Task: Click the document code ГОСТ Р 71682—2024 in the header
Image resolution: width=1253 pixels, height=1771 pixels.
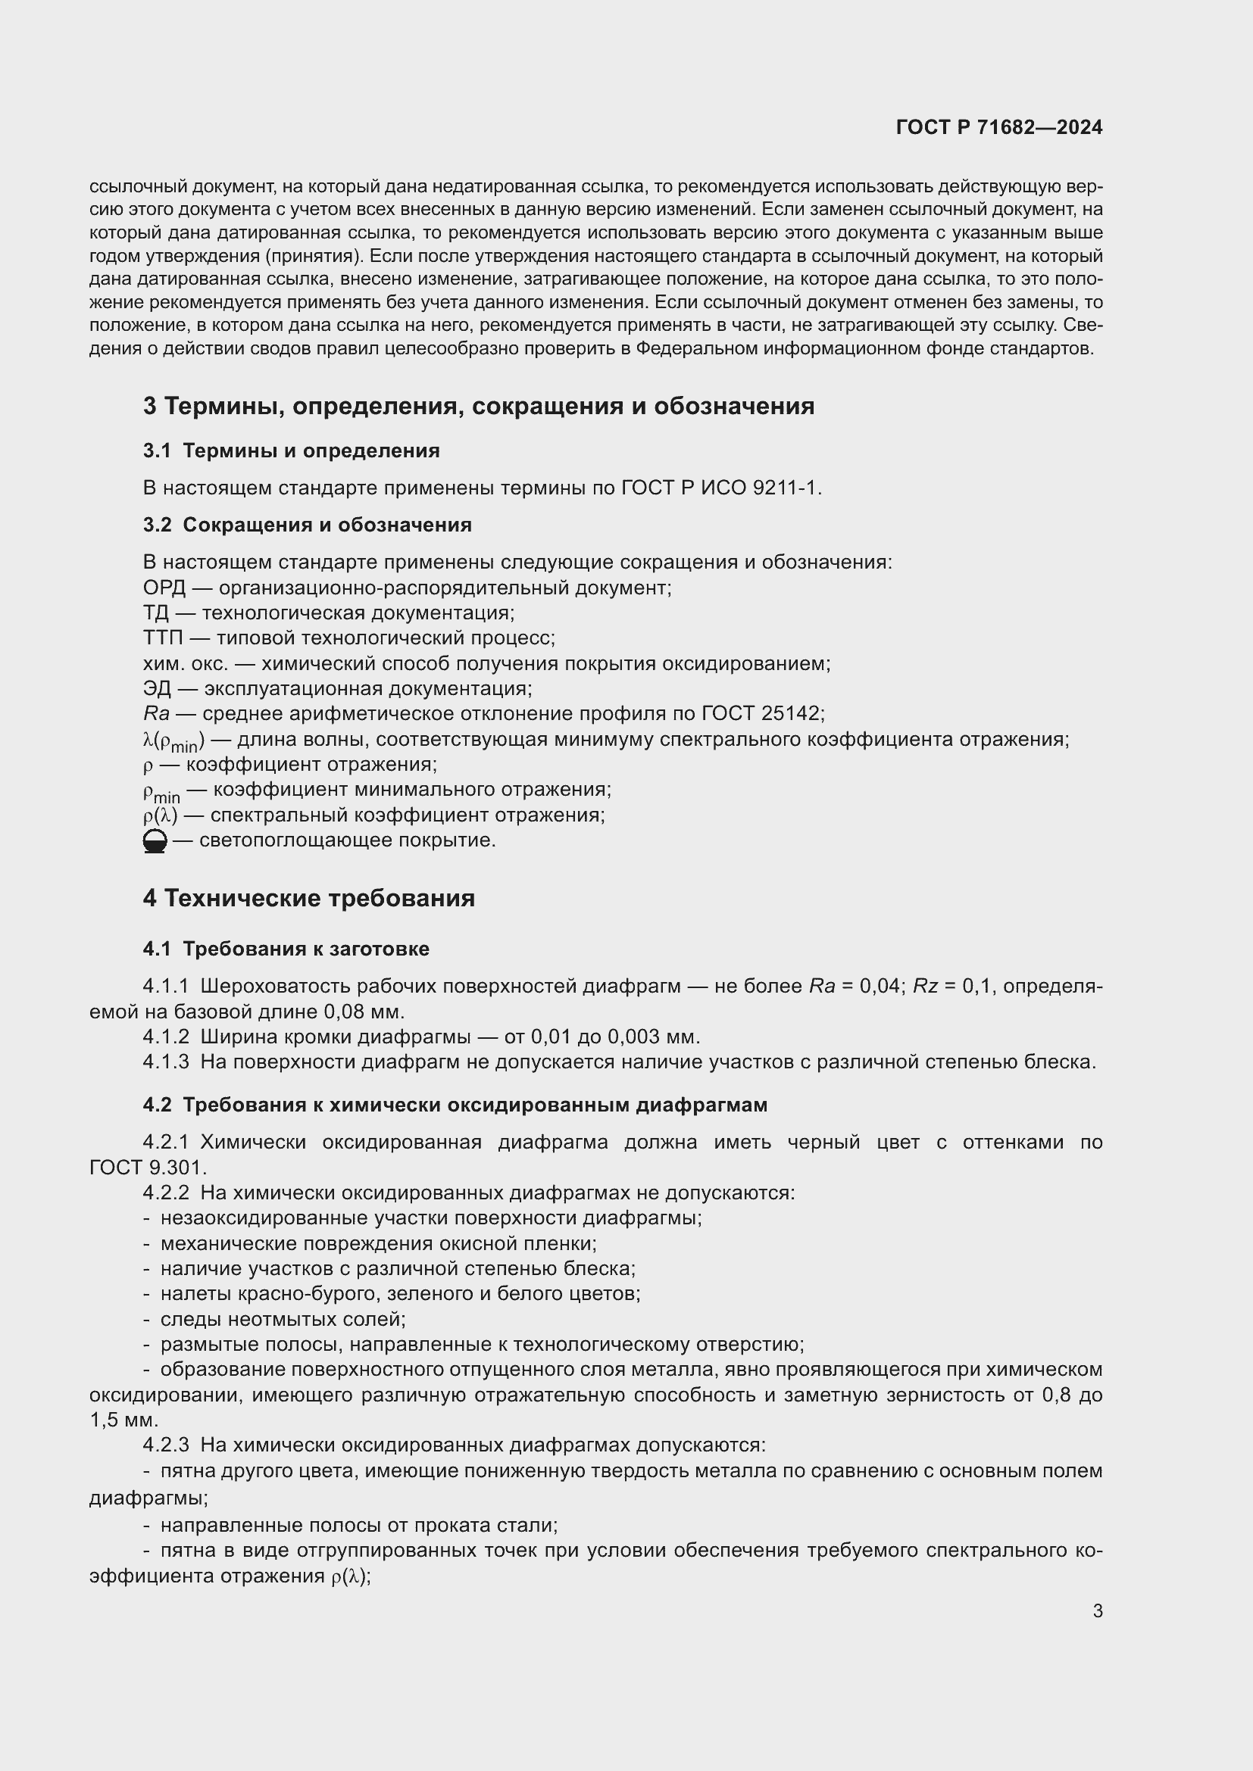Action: (998, 128)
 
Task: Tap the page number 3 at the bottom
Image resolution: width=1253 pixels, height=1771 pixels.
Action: (1097, 1610)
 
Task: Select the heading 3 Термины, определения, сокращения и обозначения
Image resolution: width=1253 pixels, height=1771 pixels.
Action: (478, 407)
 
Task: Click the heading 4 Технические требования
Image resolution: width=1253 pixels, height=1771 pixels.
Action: (308, 899)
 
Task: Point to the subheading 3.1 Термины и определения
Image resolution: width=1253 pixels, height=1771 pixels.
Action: (291, 451)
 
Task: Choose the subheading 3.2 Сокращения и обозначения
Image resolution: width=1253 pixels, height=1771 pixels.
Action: (307, 525)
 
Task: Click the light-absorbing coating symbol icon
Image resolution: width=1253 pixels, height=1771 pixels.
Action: (155, 840)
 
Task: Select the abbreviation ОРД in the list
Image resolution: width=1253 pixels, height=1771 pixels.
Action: (164, 588)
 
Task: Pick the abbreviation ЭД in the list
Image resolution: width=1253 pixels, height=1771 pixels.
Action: (157, 689)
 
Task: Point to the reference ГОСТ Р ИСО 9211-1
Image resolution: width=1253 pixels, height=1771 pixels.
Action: (720, 488)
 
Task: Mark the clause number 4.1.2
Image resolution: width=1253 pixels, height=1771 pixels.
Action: (166, 1037)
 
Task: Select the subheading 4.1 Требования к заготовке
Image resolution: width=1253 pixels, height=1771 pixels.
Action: (286, 949)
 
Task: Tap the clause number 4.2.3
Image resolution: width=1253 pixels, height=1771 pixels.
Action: (166, 1445)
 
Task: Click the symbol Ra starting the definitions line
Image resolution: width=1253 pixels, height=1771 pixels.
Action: (156, 714)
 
